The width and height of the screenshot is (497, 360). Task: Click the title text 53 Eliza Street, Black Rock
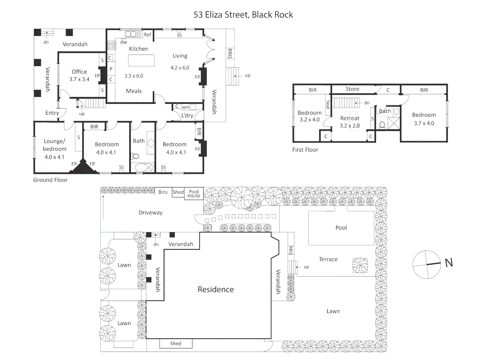[243, 15]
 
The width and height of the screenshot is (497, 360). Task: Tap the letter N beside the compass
[449, 263]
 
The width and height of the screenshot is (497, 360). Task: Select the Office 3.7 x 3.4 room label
[79, 75]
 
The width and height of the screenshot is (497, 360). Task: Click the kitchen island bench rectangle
[141, 61]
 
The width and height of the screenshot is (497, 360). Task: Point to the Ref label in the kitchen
[147, 35]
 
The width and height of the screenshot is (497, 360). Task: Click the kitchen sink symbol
[132, 34]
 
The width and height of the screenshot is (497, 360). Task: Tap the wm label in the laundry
[186, 107]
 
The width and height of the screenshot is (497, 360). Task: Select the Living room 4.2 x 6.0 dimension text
[180, 68]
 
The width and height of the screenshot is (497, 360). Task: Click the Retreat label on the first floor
[350, 118]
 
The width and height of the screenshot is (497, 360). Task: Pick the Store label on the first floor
[352, 89]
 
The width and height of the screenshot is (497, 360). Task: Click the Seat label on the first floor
[328, 105]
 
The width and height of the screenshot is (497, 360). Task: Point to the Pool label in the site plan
[341, 228]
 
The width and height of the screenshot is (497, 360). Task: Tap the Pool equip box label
[194, 193]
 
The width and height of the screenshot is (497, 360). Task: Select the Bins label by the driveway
[163, 192]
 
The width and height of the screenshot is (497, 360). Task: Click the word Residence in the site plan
[216, 289]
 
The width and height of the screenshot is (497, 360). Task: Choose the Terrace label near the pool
[328, 259]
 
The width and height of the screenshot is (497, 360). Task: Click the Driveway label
[150, 213]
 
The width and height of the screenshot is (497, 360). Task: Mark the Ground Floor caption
[50, 180]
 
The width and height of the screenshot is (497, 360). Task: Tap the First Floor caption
[305, 150]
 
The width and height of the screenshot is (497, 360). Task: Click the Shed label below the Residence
[176, 344]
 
